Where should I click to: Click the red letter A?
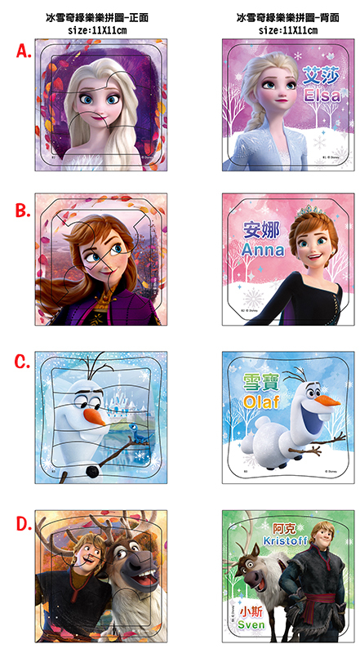point(23,52)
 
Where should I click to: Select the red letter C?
point(23,362)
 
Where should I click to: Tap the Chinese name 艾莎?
point(320,74)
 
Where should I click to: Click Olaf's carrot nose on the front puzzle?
point(97,417)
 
